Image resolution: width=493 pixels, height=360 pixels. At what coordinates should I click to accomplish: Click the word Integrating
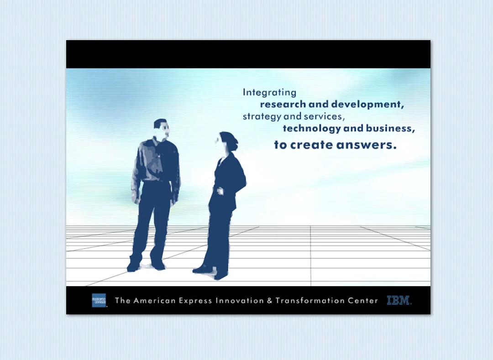click(269, 93)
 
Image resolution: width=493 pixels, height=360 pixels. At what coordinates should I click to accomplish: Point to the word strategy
click(262, 117)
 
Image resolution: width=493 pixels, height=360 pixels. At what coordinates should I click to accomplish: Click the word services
click(322, 116)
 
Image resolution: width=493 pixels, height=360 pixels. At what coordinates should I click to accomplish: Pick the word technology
click(312, 129)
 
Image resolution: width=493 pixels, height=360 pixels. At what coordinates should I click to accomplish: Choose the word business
click(390, 129)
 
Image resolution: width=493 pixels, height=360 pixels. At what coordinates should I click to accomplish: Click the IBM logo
click(399, 301)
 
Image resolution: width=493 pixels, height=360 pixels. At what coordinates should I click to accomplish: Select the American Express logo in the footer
click(99, 300)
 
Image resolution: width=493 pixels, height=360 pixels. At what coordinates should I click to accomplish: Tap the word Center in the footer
click(363, 301)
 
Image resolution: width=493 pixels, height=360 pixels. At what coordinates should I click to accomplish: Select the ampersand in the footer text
click(269, 301)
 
